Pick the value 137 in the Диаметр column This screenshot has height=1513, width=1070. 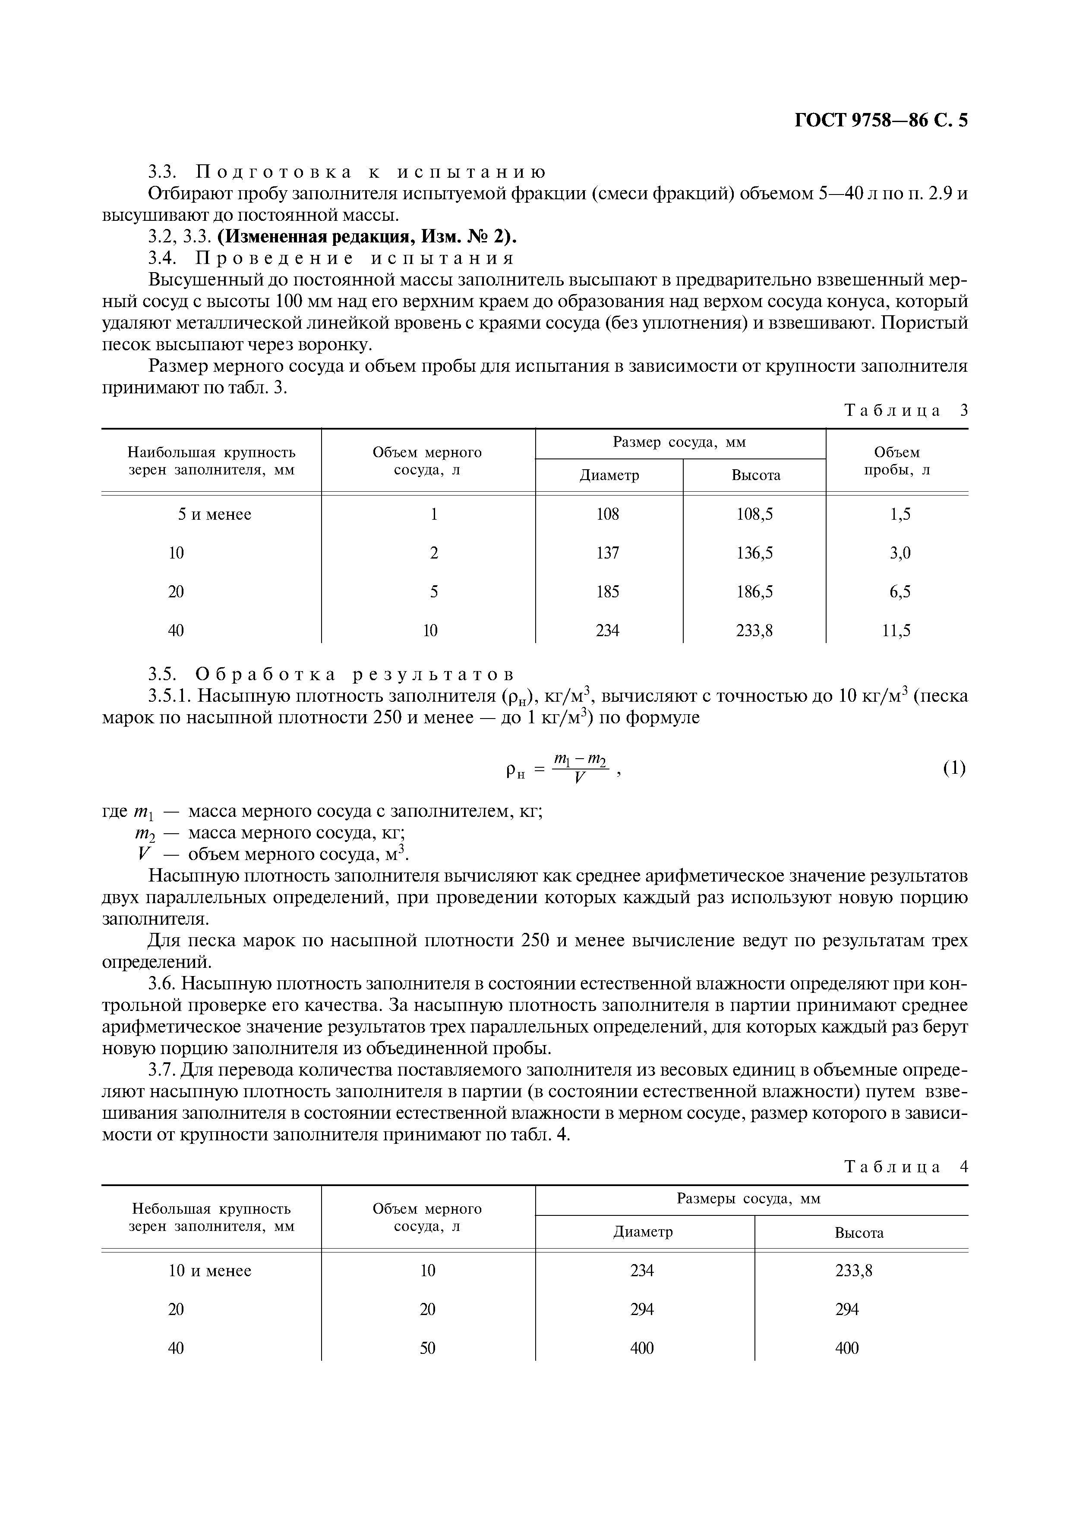[607, 553]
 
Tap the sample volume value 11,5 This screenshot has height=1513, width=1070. [896, 631]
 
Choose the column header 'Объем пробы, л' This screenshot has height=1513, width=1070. [896, 461]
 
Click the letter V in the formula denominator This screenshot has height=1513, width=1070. [580, 778]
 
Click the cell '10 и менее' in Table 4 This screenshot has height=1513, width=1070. [210, 1271]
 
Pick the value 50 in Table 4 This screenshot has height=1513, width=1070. [428, 1348]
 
